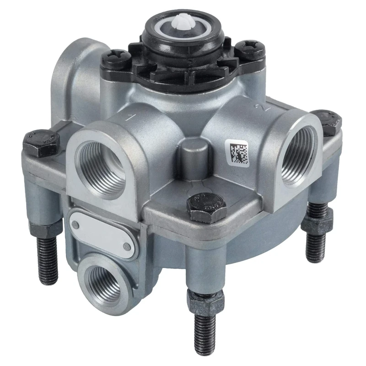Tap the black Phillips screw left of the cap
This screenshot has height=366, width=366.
[x=113, y=59]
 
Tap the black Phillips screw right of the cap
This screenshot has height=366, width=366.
[x=249, y=50]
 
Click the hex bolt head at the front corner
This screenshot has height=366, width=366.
[x=206, y=207]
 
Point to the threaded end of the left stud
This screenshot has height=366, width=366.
[x=48, y=261]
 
